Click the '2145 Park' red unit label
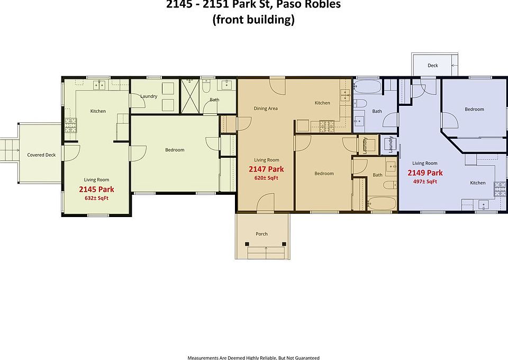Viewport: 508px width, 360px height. click(96, 189)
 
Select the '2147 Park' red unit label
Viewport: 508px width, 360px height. click(266, 169)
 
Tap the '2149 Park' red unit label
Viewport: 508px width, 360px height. click(425, 173)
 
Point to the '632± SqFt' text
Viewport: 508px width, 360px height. click(96, 198)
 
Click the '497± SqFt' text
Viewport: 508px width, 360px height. click(425, 182)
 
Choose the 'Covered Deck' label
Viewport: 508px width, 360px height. click(41, 155)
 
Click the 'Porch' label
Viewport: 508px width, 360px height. click(261, 233)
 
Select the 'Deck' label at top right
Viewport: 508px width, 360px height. click(433, 66)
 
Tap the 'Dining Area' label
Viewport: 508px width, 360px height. click(266, 109)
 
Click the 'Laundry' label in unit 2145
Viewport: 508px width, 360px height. click(148, 96)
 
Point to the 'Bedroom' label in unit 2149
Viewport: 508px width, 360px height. click(474, 110)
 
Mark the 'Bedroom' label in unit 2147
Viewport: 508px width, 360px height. click(324, 174)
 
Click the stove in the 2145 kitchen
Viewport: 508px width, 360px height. click(70, 125)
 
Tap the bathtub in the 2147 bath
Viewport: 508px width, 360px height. click(381, 203)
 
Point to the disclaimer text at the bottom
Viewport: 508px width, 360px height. click(253, 357)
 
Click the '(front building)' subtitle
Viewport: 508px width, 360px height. click(253, 21)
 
